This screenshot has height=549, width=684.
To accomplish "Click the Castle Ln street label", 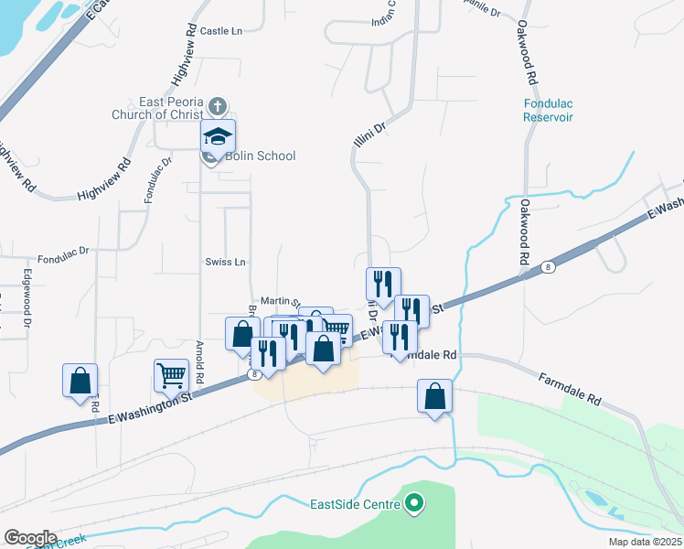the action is (220, 31).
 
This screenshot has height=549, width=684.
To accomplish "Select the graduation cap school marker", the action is (219, 137).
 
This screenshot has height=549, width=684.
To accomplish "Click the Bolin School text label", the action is (262, 156).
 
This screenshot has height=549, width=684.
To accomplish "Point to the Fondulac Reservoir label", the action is (548, 111).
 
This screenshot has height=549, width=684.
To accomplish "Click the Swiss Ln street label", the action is (226, 262).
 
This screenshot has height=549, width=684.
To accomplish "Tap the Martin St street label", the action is (280, 300).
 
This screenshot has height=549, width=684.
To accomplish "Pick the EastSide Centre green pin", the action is (414, 502).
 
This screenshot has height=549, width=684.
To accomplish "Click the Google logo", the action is (29, 537).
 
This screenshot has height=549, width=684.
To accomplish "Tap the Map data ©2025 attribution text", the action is (645, 542).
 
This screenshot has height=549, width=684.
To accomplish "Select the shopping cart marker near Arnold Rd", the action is (171, 375).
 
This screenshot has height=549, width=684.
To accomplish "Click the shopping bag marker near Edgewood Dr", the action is (80, 380).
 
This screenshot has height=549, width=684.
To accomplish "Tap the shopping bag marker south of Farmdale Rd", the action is (435, 396).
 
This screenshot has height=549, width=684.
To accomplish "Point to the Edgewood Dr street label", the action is (28, 305).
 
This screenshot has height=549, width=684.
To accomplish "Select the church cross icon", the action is (218, 104).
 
